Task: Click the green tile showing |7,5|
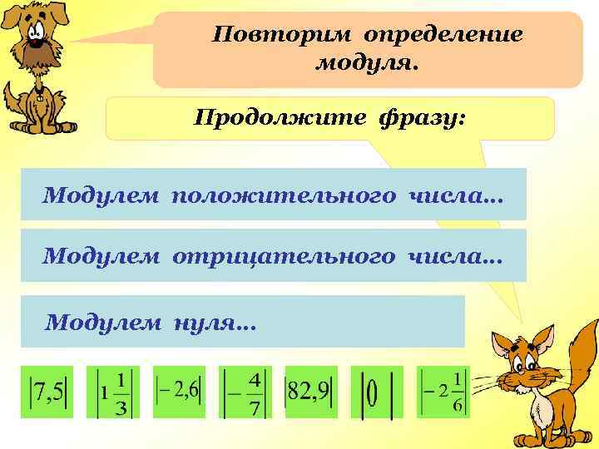point(47,391)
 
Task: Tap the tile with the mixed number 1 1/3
point(112,391)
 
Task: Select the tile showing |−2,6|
point(177,391)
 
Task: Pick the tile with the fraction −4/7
point(243,391)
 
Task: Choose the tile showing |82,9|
point(309,391)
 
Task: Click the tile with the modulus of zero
point(376,392)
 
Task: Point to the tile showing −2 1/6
point(442,391)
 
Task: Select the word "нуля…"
point(215,322)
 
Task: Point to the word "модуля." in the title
point(367,62)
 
